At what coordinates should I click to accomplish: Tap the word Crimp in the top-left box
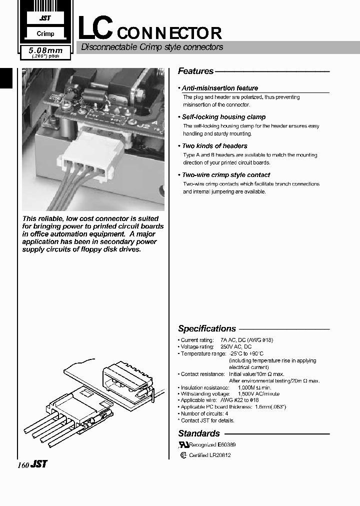pos(45,34)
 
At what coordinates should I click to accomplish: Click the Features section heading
pos(195,71)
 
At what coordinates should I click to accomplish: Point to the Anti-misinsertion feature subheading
pos(220,88)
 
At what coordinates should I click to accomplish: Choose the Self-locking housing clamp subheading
pos(223,117)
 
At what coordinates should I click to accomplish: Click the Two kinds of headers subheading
pos(214,146)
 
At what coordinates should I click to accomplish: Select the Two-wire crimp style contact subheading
pos(225,175)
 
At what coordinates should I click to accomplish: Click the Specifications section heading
pos(206,329)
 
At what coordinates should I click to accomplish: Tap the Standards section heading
pos(198,433)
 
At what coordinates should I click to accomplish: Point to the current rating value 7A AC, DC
pos(247,340)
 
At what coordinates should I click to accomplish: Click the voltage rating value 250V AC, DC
pos(235,346)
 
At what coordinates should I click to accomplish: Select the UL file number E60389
pos(226,444)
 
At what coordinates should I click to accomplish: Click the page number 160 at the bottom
pos(23,464)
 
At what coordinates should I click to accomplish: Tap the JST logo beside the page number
pos(39,464)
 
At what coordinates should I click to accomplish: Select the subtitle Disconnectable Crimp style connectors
pos(152,47)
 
